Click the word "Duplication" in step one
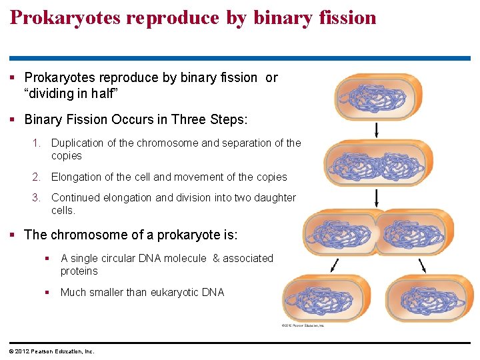pyautogui.click(x=77, y=143)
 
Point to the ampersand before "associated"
pyautogui.click(x=216, y=258)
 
